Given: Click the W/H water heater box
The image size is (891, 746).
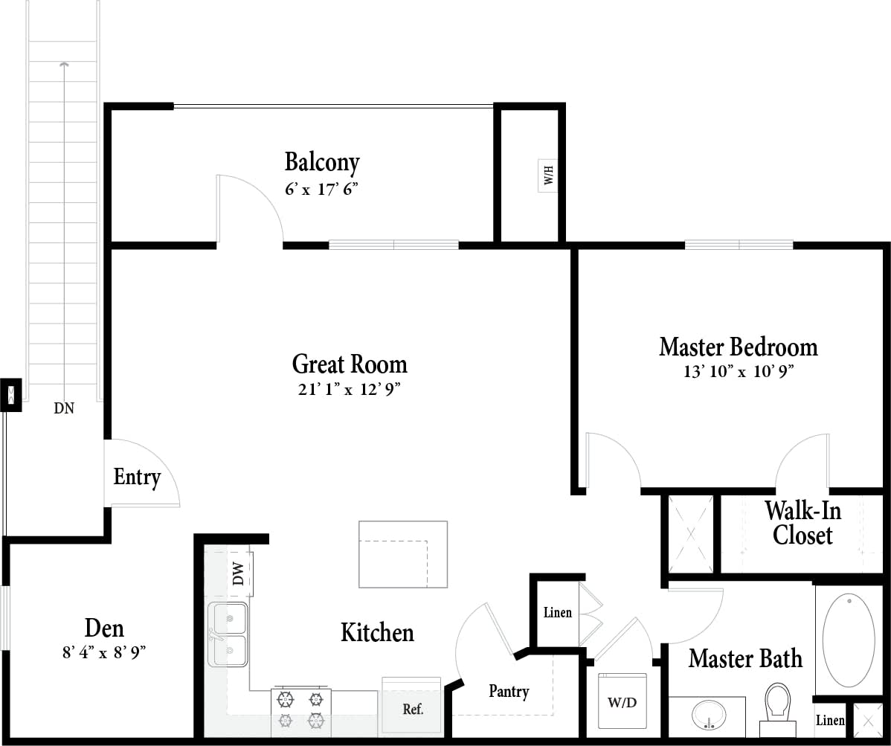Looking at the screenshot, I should point(548,176).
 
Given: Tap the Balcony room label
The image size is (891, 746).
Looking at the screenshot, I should point(322,162).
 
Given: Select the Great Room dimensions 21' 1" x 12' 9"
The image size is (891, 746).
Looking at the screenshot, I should point(350,389).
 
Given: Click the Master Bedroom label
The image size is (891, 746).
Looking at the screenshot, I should point(738,347).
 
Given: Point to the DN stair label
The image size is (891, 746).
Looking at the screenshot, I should point(64,408).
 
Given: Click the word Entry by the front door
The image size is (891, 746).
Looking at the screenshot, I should point(137,477).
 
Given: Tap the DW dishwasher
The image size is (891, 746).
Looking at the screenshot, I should point(239,573).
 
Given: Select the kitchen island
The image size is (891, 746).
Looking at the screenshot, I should point(403,554).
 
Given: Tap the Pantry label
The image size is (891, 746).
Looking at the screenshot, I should point(509,691).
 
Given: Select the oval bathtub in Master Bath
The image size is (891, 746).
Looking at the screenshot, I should point(849,640).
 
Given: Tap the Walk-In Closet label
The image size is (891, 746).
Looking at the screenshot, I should point(802,523).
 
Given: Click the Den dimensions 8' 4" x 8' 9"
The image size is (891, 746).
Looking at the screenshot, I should point(104,653).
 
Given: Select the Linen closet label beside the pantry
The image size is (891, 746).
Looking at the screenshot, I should point(557,613).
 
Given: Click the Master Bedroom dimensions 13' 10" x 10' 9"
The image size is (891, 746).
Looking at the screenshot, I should point(738,371).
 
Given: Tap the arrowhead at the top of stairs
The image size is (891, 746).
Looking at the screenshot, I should point(65,65).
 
